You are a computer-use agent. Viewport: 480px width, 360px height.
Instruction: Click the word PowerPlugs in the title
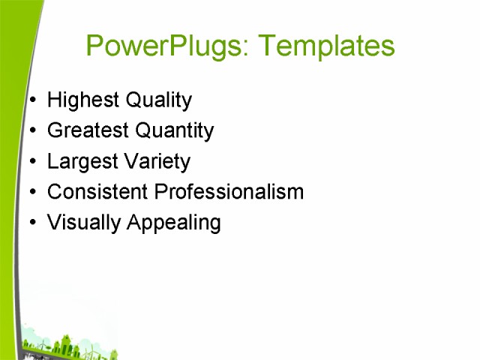(x=166, y=46)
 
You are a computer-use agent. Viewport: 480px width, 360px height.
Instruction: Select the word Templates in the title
(x=325, y=46)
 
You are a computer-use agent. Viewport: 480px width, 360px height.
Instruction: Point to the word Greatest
(x=88, y=130)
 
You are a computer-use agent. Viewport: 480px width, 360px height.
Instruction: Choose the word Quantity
(x=175, y=131)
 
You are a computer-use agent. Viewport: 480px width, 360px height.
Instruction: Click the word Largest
(x=81, y=162)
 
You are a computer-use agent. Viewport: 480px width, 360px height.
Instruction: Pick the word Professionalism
(x=229, y=192)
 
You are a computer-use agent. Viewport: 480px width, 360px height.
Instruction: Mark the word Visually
(x=82, y=223)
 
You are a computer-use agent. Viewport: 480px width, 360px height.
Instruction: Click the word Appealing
(x=172, y=223)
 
